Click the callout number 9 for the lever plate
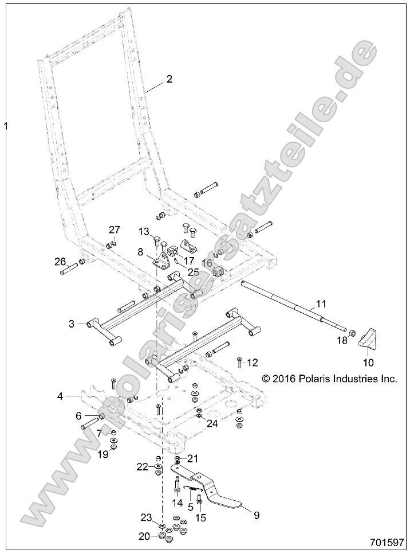click(257, 515)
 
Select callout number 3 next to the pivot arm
click(72, 324)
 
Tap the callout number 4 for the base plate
click(60, 395)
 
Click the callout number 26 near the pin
click(61, 262)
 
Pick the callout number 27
click(115, 229)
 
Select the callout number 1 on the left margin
click(6, 124)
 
